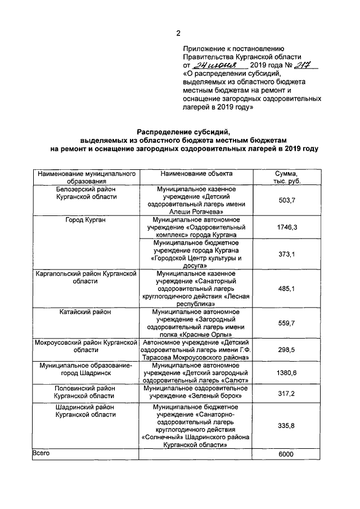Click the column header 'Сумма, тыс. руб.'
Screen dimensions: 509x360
pyautogui.click(x=287, y=178)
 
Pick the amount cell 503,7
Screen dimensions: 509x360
pyautogui.click(x=287, y=201)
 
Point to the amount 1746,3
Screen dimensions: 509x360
pyautogui.click(x=287, y=227)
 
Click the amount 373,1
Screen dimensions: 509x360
pyautogui.click(x=287, y=254)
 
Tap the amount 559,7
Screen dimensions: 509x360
pyautogui.click(x=287, y=323)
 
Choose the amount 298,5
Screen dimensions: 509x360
pyautogui.click(x=287, y=349)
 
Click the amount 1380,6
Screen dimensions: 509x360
pyautogui.click(x=287, y=373)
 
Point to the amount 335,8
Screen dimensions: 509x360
pyautogui.click(x=287, y=426)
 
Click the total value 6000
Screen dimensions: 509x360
pyautogui.click(x=287, y=454)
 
